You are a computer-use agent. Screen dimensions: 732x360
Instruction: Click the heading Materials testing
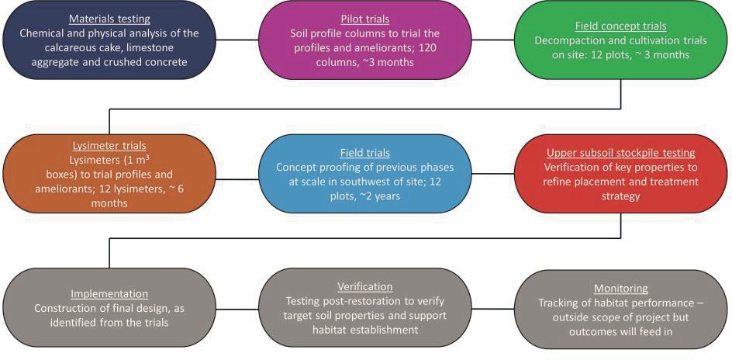pos(109,19)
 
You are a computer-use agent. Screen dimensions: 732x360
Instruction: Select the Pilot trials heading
pos(364,20)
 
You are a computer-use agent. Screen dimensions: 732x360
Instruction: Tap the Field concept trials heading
pos(620,26)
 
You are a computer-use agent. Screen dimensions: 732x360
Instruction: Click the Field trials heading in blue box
pos(364,153)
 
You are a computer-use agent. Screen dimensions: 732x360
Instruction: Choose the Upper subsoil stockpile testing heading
pos(620,153)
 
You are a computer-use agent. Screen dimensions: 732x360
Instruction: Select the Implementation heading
pos(109,294)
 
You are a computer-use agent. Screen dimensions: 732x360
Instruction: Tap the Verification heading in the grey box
pos(364,286)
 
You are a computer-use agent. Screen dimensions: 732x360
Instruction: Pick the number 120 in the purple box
pos(430,47)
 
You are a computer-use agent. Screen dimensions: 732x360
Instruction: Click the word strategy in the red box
pos(620,196)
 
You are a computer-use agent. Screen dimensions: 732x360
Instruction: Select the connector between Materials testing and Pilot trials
pos(237,40)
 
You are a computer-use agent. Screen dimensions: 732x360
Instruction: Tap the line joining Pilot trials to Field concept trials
pos(492,40)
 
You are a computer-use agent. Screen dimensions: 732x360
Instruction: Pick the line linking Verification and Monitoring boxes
pos(492,308)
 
